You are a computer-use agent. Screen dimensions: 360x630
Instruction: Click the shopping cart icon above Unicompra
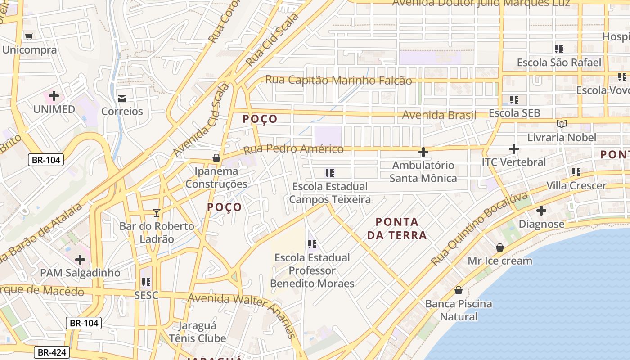[x=29, y=36]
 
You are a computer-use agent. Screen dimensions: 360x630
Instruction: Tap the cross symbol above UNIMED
[x=54, y=96]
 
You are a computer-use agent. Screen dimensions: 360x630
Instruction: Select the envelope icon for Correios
[x=122, y=98]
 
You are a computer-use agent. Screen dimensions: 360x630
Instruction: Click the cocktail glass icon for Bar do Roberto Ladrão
[x=157, y=212]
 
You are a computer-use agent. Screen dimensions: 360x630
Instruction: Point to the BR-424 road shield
[x=51, y=352]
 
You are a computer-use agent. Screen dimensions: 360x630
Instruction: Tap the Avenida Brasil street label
[x=439, y=115]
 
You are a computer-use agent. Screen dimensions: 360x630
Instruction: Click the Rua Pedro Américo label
[x=293, y=149]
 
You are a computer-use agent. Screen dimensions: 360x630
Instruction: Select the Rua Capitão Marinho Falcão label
[x=338, y=80]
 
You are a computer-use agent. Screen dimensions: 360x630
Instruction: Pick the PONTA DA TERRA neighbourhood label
[x=396, y=228]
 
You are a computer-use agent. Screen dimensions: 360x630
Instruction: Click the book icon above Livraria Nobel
[x=561, y=124]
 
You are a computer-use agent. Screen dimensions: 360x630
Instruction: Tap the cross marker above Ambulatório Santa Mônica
[x=423, y=152]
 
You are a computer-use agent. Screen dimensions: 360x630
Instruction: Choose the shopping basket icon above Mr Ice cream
[x=499, y=247]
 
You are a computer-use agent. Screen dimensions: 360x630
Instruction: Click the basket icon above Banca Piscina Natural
[x=459, y=290]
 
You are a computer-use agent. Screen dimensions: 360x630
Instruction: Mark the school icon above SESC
[x=146, y=282]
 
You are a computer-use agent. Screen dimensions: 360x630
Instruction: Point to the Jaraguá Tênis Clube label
[x=197, y=332]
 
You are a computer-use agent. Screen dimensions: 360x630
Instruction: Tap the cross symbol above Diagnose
[x=541, y=210]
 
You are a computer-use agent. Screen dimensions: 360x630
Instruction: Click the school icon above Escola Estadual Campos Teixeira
[x=330, y=173]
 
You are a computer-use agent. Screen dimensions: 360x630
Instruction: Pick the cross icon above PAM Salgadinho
[x=80, y=259]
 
